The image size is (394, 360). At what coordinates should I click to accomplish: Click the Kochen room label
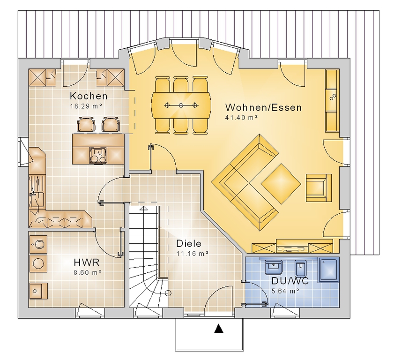pyautogui.click(x=89, y=96)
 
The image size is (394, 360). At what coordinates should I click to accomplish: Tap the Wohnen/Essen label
pyautogui.click(x=263, y=108)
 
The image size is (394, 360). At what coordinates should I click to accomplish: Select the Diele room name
pyautogui.click(x=189, y=243)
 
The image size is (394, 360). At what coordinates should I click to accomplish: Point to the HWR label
pyautogui.click(x=87, y=262)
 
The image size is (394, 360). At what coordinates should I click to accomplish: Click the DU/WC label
pyautogui.click(x=290, y=281)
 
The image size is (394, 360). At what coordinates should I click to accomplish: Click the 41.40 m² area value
pyautogui.click(x=242, y=117)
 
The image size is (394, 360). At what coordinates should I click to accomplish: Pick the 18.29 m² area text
pyautogui.click(x=86, y=106)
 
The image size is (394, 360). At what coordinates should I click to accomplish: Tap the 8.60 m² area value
pyautogui.click(x=88, y=272)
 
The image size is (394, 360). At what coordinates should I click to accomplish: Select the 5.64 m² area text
pyautogui.click(x=285, y=291)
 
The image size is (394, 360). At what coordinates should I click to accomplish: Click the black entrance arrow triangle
pyautogui.click(x=219, y=329)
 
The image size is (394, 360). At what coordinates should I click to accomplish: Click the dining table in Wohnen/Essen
pyautogui.click(x=181, y=105)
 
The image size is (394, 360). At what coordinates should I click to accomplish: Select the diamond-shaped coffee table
pyautogui.click(x=281, y=184)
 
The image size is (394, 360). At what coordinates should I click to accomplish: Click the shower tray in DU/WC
pyautogui.click(x=328, y=270)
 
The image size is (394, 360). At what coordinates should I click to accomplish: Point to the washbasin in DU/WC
pyautogui.click(x=274, y=267)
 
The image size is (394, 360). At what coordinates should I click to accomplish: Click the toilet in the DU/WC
pyautogui.click(x=300, y=268)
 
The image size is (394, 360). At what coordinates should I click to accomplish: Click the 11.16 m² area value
pyautogui.click(x=192, y=254)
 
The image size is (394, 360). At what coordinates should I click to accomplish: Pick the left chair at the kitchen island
pyautogui.click(x=87, y=124)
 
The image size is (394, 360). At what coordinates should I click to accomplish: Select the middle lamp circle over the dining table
pyautogui.click(x=181, y=105)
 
